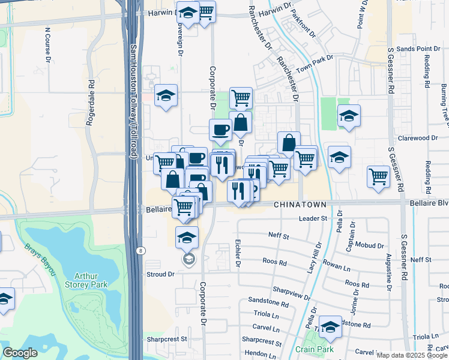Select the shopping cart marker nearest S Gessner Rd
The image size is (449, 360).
[378, 176]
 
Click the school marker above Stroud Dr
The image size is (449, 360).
[187, 238]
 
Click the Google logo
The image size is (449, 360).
[20, 353]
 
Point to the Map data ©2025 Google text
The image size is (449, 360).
[411, 355]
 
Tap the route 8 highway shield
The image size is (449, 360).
[139, 251]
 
